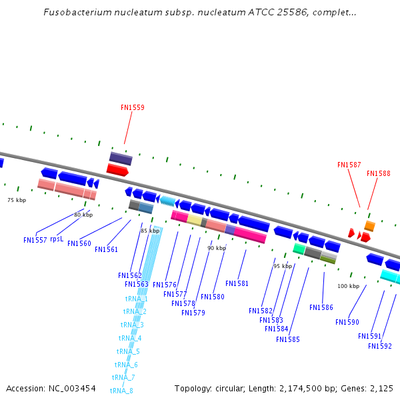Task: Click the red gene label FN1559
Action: tap(132, 107)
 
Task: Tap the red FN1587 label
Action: tap(349, 165)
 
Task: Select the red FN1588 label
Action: tap(378, 173)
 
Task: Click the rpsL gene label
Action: tap(57, 239)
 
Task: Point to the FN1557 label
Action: tap(35, 240)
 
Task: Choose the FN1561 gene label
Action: tap(106, 250)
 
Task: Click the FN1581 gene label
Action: tap(237, 284)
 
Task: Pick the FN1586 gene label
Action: tap(321, 308)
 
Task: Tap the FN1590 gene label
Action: tap(347, 323)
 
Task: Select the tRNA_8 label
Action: tap(121, 391)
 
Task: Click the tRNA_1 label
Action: tap(136, 299)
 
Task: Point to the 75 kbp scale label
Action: tap(17, 200)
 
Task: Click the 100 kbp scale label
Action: tap(348, 286)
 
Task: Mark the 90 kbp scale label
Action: tap(216, 248)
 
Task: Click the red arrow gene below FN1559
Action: tap(117, 170)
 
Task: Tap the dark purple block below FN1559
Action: tap(121, 158)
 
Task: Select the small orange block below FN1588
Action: tap(369, 226)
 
